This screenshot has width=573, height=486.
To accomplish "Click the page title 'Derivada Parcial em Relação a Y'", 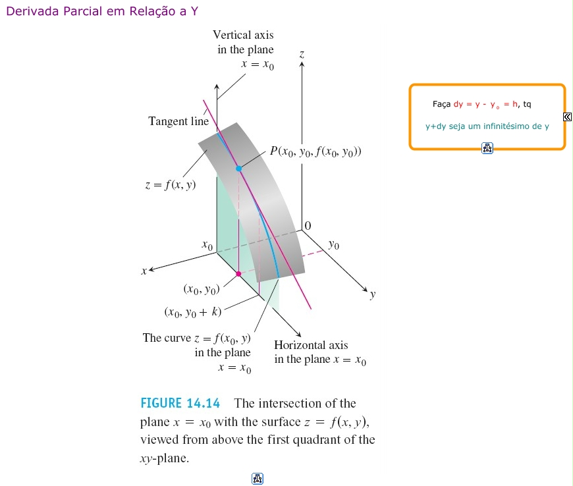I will pyautogui.click(x=103, y=12).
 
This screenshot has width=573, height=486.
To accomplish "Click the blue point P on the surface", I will pyautogui.click(x=239, y=169).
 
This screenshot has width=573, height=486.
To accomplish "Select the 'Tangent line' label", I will pyautogui.click(x=178, y=121).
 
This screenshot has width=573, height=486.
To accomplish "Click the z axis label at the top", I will pyautogui.click(x=302, y=55).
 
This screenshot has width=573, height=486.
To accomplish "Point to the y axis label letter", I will pyautogui.click(x=372, y=295).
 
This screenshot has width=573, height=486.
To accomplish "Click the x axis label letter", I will pyautogui.click(x=144, y=270).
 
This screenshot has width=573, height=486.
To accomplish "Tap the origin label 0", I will pyautogui.click(x=308, y=226).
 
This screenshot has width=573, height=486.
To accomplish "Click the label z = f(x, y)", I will pyautogui.click(x=170, y=186).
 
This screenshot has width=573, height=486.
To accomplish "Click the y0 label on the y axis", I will pyautogui.click(x=334, y=246).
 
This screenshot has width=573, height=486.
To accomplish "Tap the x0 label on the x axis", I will pyautogui.click(x=207, y=246).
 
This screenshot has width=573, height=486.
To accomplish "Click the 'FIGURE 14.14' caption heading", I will pyautogui.click(x=180, y=403).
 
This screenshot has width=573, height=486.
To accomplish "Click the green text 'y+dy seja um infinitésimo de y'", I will pyautogui.click(x=487, y=126).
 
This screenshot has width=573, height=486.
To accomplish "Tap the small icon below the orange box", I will pyautogui.click(x=487, y=148).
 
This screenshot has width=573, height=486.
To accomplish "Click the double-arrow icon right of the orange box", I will pyautogui.click(x=567, y=117).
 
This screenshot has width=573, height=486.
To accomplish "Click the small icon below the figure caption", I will pyautogui.click(x=258, y=479).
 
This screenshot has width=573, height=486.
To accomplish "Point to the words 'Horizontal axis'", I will pyautogui.click(x=311, y=344).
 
